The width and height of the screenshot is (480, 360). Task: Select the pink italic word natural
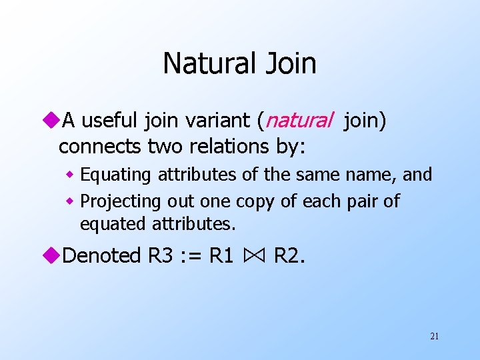pos(299,121)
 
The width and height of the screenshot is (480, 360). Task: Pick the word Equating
pos(117,175)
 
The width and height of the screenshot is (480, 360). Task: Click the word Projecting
pos(121,201)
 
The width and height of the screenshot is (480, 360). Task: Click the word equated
pos(110,225)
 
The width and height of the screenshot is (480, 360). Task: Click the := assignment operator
pos(189,256)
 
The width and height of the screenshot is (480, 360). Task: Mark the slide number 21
pos(434,337)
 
